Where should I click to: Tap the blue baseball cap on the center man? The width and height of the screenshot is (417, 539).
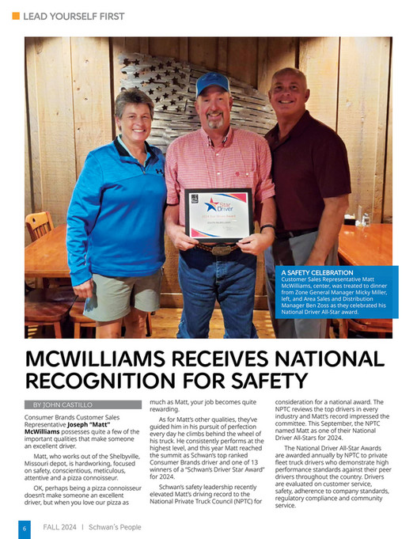213,82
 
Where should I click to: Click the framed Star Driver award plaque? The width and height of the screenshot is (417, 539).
218,214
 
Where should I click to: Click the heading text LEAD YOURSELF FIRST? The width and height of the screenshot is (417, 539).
74,16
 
